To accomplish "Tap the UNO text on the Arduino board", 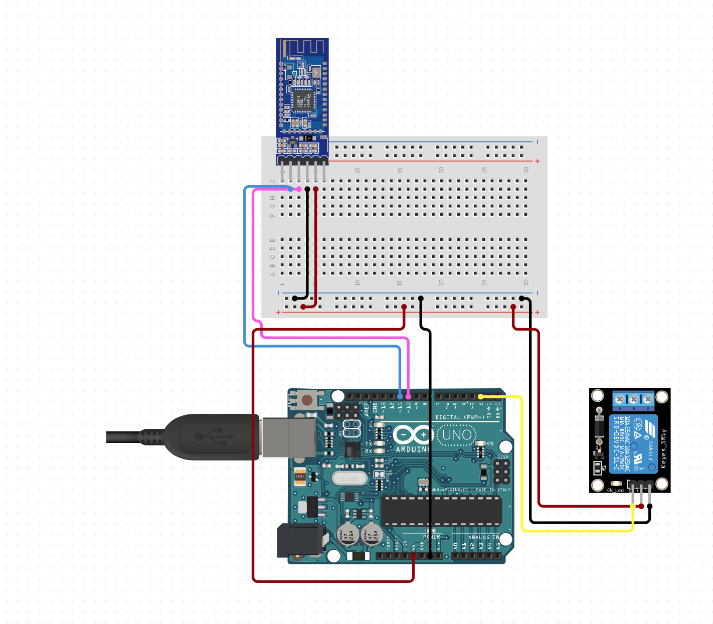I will coord(457,435).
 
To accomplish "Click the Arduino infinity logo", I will coord(413,434).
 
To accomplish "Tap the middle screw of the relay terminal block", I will coord(634,399).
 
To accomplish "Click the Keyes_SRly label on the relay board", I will coord(663,449).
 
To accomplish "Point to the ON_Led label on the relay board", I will coord(615,490).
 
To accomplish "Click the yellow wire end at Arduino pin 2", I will coord(480,397).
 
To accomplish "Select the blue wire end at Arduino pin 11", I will coord(400,397).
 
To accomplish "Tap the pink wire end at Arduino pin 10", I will coord(408,397).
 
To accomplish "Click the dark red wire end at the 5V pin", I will coord(414,556).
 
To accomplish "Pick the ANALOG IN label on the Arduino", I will coord(483,537).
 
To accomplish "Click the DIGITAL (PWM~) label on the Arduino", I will coord(459,417).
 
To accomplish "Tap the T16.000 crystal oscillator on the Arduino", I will coord(348,479).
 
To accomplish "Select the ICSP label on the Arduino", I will coord(503,457).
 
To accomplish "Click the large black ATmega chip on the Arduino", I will coord(441,511).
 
